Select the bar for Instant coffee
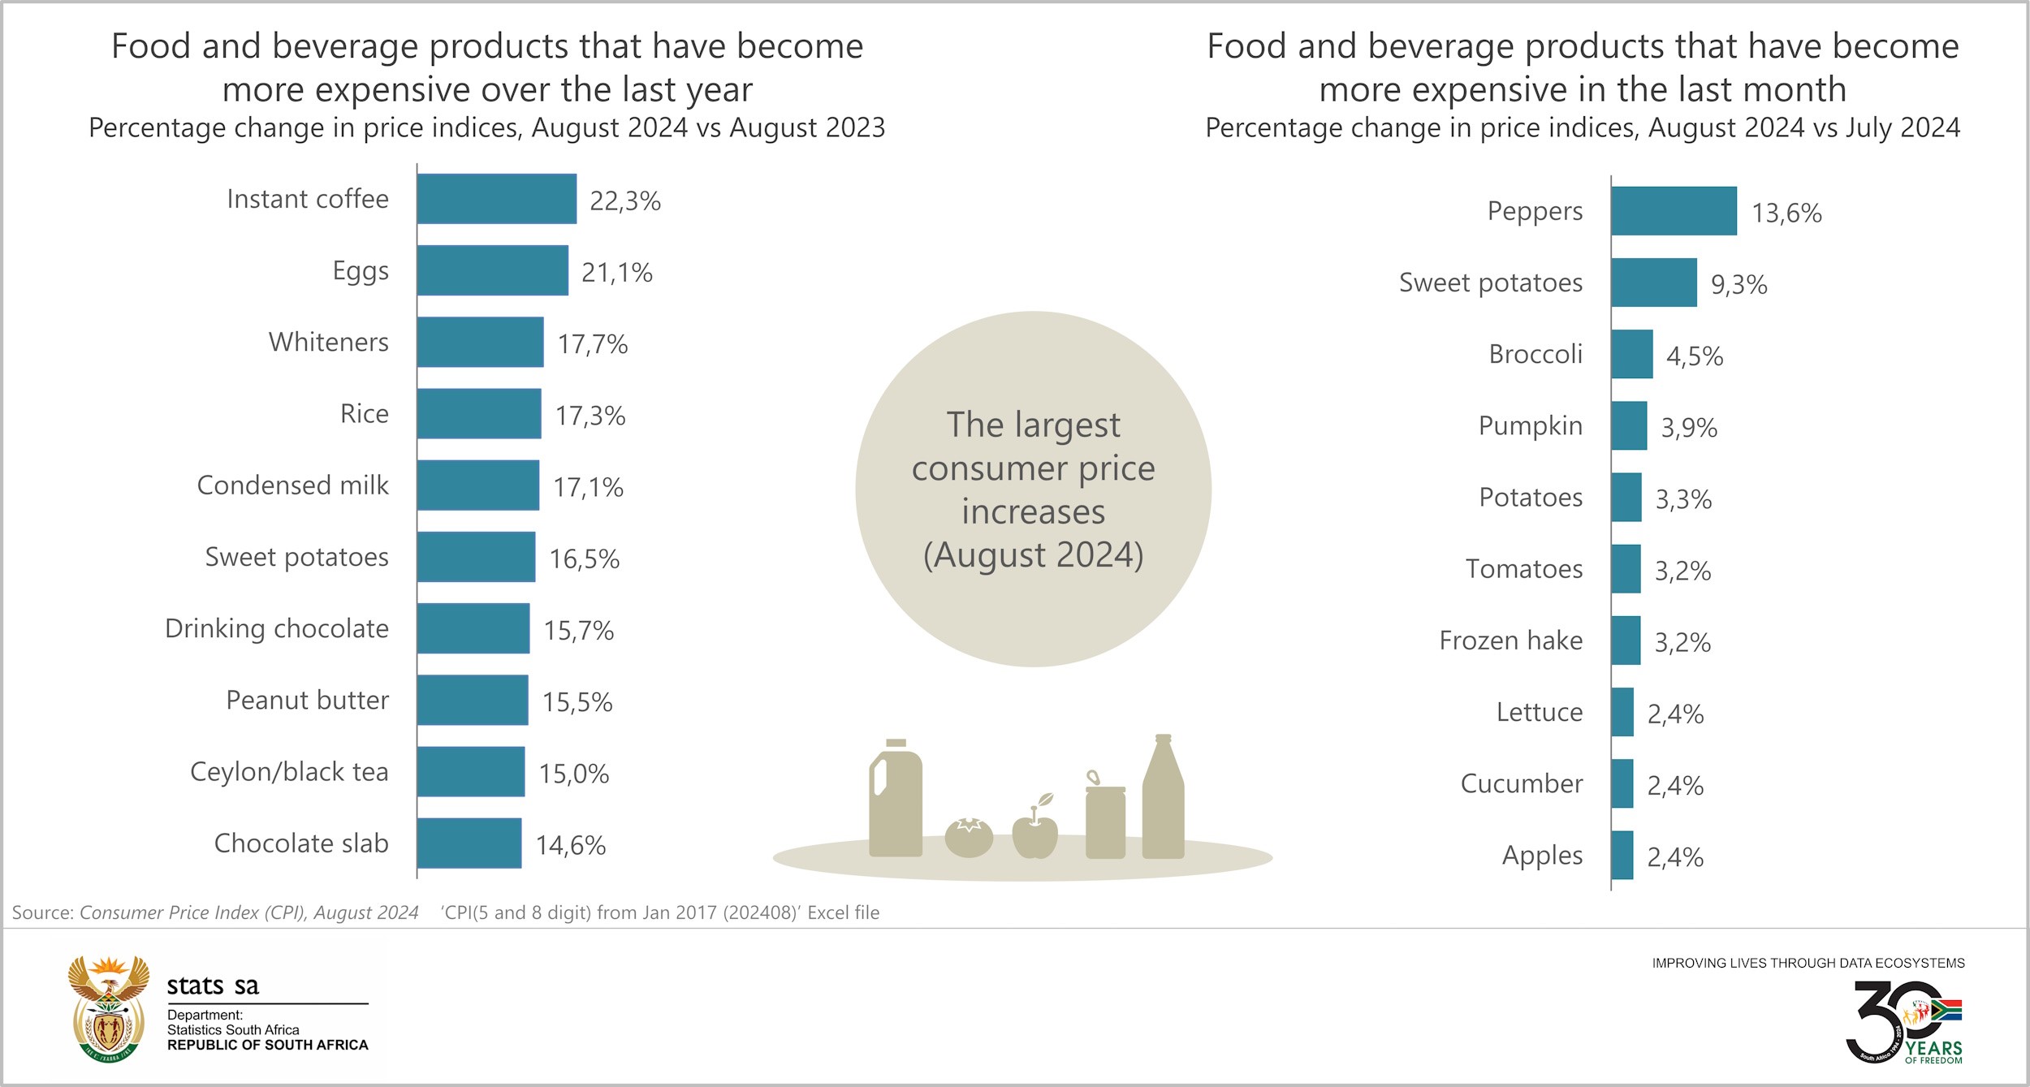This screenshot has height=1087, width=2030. [x=496, y=199]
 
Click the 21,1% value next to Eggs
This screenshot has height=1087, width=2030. [x=616, y=273]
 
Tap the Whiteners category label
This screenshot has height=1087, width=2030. [x=328, y=342]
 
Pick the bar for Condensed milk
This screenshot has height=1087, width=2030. [x=477, y=485]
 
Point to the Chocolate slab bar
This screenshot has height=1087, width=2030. [x=469, y=843]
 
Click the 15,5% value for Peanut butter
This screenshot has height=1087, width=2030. [x=577, y=702]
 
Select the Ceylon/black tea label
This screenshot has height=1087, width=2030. [x=289, y=771]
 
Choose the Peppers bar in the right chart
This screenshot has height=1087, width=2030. [x=1674, y=211]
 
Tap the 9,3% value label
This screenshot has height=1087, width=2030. [x=1738, y=284]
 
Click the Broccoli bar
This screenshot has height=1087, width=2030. [x=1631, y=354]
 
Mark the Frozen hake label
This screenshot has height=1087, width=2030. [x=1510, y=641]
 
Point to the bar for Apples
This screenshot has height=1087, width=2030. [x=1622, y=855]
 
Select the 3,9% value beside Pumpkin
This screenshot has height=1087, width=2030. [x=1688, y=427]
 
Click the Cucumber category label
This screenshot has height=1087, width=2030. [x=1521, y=783]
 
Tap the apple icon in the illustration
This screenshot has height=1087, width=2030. [x=1034, y=830]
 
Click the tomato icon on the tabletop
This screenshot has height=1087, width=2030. [x=969, y=838]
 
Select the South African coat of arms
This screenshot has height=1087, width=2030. [x=108, y=1009]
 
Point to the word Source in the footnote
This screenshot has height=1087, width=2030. [x=42, y=912]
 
